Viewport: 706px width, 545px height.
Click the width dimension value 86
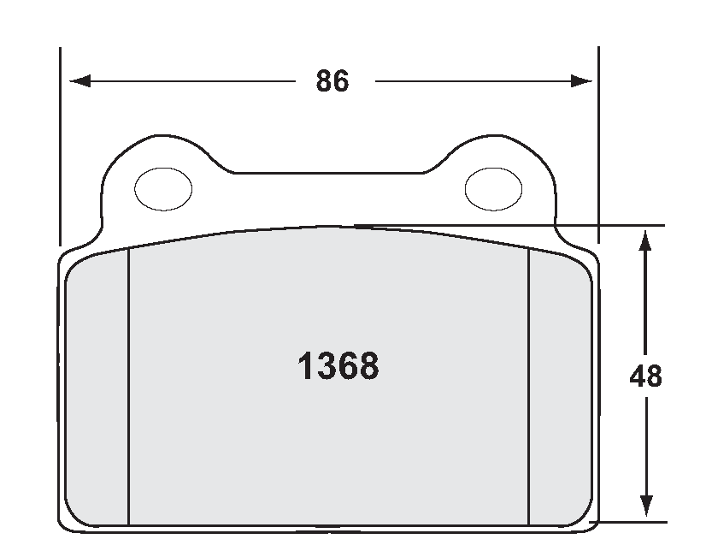[x=332, y=82]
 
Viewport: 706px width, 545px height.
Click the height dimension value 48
[x=645, y=376]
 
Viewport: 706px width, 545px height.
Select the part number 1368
[x=338, y=367]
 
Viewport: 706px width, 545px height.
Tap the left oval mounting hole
[x=164, y=188]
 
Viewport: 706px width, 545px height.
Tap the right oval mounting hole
[x=492, y=188]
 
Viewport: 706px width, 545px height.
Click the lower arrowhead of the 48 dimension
[x=646, y=508]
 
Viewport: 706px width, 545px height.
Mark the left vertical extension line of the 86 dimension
[x=60, y=145]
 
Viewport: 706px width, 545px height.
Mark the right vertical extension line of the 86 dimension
[x=597, y=145]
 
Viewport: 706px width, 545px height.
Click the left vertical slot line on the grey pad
[x=128, y=385]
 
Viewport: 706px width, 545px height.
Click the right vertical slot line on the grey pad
[x=529, y=385]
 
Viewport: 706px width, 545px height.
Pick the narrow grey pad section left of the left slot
[x=97, y=385]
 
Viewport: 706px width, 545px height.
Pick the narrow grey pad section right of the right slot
[x=560, y=385]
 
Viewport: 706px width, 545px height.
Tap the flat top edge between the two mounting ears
[x=329, y=174]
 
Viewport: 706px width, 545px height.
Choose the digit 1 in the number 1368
[x=303, y=367]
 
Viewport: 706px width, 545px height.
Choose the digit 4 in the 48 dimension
[x=637, y=376]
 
